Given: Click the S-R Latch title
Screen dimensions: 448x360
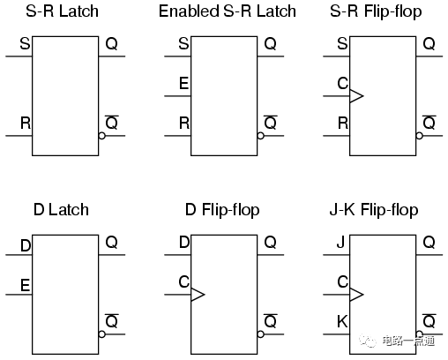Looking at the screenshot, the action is (62, 11).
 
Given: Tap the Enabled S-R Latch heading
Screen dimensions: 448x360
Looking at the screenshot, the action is (228, 11).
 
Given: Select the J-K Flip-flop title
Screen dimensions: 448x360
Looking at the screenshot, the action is (374, 211).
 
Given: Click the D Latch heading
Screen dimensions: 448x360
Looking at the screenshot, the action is (61, 210).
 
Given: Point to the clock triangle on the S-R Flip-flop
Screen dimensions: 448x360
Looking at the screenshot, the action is (356, 96).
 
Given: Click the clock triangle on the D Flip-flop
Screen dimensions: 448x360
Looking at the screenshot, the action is (198, 295).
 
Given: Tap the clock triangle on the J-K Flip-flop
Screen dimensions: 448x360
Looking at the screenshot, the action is (356, 295).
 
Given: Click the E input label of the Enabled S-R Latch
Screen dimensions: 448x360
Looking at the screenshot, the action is (183, 83).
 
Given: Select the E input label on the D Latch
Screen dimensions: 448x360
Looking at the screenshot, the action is (25, 285).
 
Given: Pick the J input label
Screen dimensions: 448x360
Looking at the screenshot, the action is (340, 243).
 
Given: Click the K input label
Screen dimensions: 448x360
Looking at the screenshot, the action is (342, 321).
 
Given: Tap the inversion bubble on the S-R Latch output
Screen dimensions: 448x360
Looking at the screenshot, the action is (101, 136).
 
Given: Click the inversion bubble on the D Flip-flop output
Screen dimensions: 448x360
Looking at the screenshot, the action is (260, 334).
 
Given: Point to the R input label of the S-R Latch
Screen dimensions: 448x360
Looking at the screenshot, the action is (26, 123).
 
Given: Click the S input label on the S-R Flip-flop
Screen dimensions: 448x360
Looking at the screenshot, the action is (342, 43).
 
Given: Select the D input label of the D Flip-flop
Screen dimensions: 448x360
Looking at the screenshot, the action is (184, 243).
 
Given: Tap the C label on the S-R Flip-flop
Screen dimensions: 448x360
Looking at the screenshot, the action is (343, 83).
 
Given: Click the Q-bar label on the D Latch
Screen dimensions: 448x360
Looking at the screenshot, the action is (112, 321).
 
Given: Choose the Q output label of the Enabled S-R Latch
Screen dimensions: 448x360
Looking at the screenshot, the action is (270, 44).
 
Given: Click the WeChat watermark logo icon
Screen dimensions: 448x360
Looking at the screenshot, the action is (367, 341).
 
